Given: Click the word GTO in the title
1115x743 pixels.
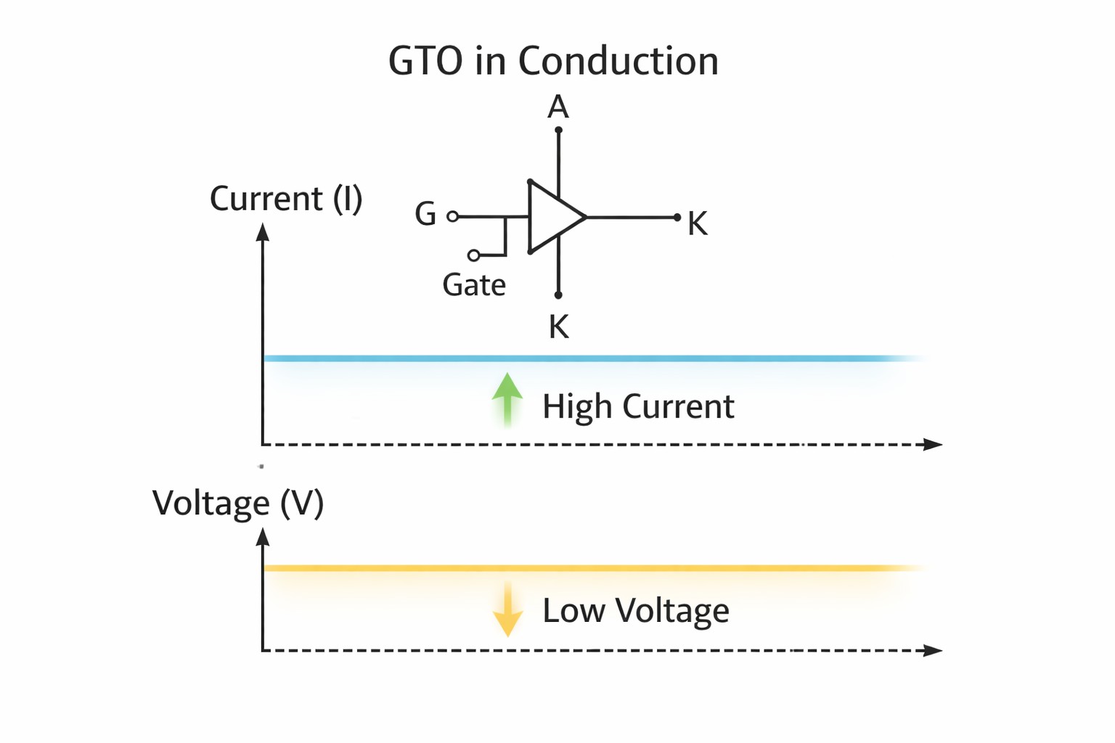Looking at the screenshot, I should [425, 61].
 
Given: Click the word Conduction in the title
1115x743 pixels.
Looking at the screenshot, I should [618, 61].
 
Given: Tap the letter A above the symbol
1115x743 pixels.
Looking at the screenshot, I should [557, 107].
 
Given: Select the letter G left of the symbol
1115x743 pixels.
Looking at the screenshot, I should [425, 214].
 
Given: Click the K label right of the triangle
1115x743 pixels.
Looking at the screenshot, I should [697, 223].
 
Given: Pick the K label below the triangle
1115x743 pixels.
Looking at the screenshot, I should [558, 327].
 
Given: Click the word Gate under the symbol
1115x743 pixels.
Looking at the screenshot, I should [474, 285].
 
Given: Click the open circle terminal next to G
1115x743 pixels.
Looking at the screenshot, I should [453, 216].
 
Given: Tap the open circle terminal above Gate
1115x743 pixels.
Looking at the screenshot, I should [473, 255].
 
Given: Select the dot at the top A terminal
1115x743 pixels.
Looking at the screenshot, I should [558, 131].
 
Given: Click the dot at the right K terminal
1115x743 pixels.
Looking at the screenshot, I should [677, 217].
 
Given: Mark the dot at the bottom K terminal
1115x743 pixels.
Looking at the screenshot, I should [558, 295].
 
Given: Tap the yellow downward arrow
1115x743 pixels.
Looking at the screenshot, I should [507, 611].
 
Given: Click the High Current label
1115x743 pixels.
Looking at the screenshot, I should [638, 406].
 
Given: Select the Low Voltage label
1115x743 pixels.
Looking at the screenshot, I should [635, 611].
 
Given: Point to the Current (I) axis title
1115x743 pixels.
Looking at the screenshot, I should [286, 199].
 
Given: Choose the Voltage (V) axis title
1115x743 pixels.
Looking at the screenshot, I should [238, 503].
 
